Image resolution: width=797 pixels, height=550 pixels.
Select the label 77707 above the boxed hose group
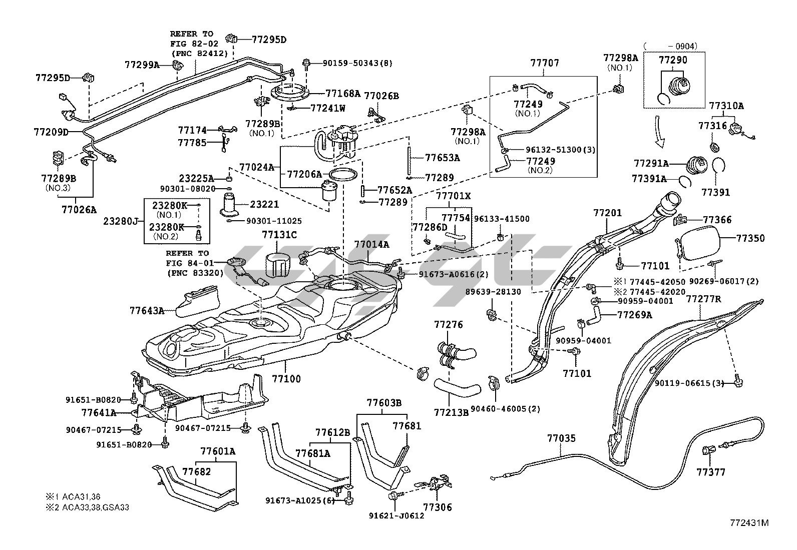[x=544, y=63]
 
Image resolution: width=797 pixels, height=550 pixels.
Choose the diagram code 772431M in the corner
[x=748, y=523]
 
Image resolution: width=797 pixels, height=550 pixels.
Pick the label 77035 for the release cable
[x=561, y=438]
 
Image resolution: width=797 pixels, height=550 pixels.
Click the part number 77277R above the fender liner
[x=703, y=299]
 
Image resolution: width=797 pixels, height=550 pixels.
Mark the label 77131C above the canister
[x=279, y=234]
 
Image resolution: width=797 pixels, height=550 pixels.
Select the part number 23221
[x=264, y=204]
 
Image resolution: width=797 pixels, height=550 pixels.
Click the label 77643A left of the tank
[x=147, y=310]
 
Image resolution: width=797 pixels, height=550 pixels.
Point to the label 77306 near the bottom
[x=438, y=507]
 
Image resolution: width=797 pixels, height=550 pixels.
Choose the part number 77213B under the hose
[x=451, y=412]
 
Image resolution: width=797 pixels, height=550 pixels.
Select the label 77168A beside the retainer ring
[x=343, y=93]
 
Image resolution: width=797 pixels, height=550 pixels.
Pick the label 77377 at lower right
[x=711, y=472]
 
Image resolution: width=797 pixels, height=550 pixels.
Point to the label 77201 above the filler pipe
[x=607, y=213]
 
